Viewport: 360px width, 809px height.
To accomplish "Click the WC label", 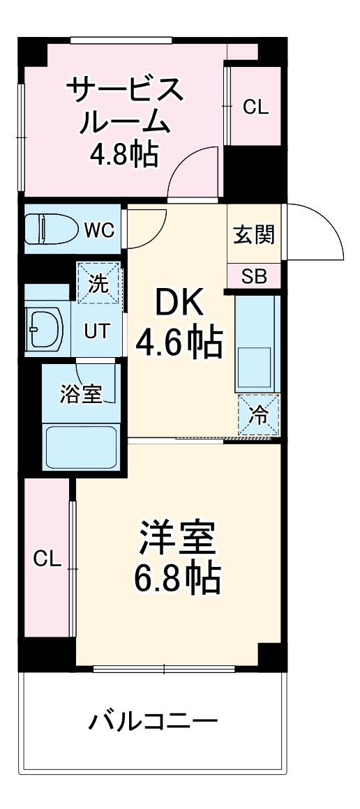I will (99, 230).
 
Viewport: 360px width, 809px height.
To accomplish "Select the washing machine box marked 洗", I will (99, 284).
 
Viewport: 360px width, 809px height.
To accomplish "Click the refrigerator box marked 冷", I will (258, 416).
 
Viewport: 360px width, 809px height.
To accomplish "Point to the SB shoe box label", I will (254, 277).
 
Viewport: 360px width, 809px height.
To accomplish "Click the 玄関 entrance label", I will (254, 235).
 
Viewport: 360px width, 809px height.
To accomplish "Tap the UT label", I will (97, 331).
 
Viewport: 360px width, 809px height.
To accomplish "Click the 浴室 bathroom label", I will (82, 395).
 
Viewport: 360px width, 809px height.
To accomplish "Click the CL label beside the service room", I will (255, 107).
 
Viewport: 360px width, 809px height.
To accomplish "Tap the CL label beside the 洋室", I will (47, 558).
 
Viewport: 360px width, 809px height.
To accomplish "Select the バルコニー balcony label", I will (153, 720).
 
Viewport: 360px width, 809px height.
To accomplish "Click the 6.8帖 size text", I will (178, 577).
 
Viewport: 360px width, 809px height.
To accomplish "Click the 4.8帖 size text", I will (123, 153).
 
